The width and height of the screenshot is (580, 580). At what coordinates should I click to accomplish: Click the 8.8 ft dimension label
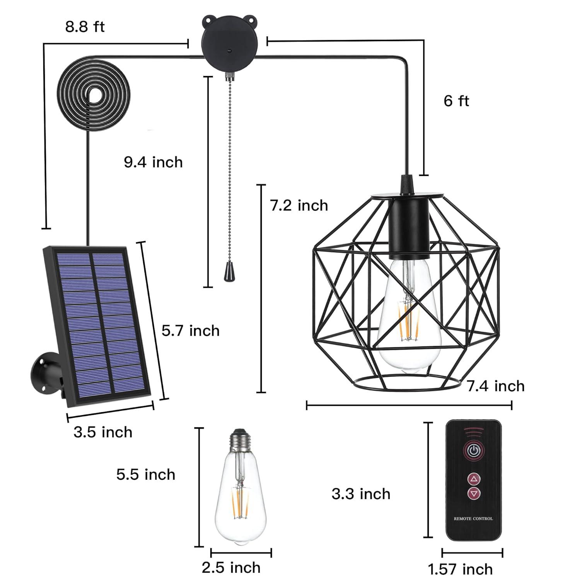click(85, 27)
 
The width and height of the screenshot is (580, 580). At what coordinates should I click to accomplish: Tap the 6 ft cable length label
click(456, 101)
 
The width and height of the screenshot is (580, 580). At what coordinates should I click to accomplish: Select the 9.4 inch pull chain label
click(153, 162)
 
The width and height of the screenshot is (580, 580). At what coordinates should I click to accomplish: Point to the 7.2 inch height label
click(299, 205)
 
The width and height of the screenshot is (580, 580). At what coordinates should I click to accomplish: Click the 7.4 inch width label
click(496, 386)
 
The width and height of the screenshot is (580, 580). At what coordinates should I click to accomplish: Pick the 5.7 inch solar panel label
click(190, 331)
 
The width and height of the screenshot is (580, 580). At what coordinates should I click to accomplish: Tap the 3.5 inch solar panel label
click(103, 432)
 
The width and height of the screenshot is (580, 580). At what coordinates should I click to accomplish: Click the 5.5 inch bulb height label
click(146, 474)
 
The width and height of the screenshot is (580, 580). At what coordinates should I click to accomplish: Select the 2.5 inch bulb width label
click(231, 568)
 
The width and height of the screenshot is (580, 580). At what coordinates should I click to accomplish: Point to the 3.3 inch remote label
click(361, 494)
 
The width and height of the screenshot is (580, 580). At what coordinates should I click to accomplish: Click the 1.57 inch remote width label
click(461, 569)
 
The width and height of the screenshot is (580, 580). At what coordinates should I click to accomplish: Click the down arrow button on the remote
click(474, 493)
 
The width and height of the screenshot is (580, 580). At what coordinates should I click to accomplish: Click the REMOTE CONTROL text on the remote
click(473, 519)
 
